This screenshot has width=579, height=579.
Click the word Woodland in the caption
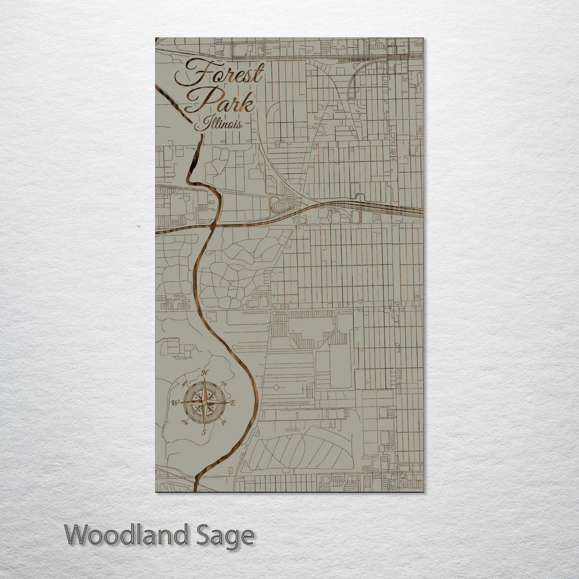[127, 536]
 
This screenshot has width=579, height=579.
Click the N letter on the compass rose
[204, 373]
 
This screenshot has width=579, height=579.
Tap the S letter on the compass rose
[204, 432]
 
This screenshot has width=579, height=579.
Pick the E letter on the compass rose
[233, 403]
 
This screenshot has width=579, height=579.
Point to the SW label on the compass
[185, 422]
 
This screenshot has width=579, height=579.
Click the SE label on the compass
[223, 422]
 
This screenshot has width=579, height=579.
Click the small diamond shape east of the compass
[276, 387]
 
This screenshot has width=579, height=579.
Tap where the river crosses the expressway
[212, 226]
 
